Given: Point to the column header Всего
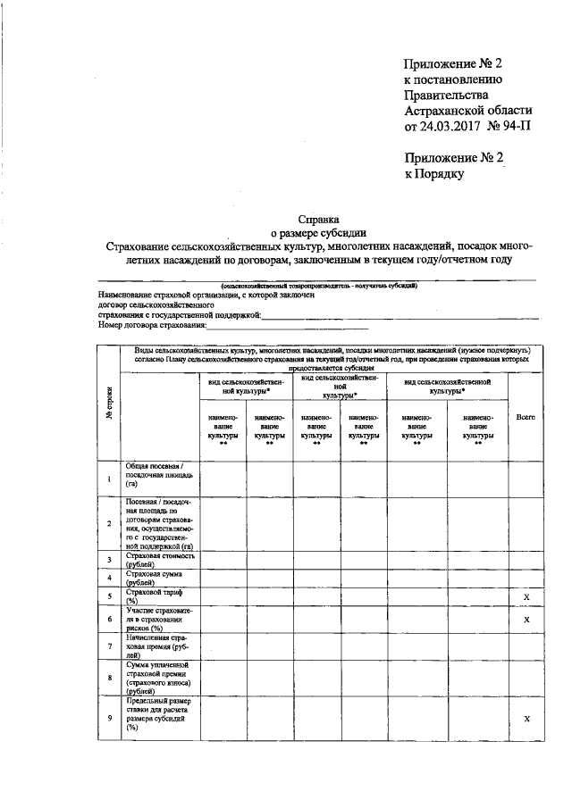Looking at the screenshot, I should point(526,417).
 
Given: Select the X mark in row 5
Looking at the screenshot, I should point(526,595).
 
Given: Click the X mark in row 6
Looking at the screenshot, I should point(526,618).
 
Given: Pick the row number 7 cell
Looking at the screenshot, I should point(109,646).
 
